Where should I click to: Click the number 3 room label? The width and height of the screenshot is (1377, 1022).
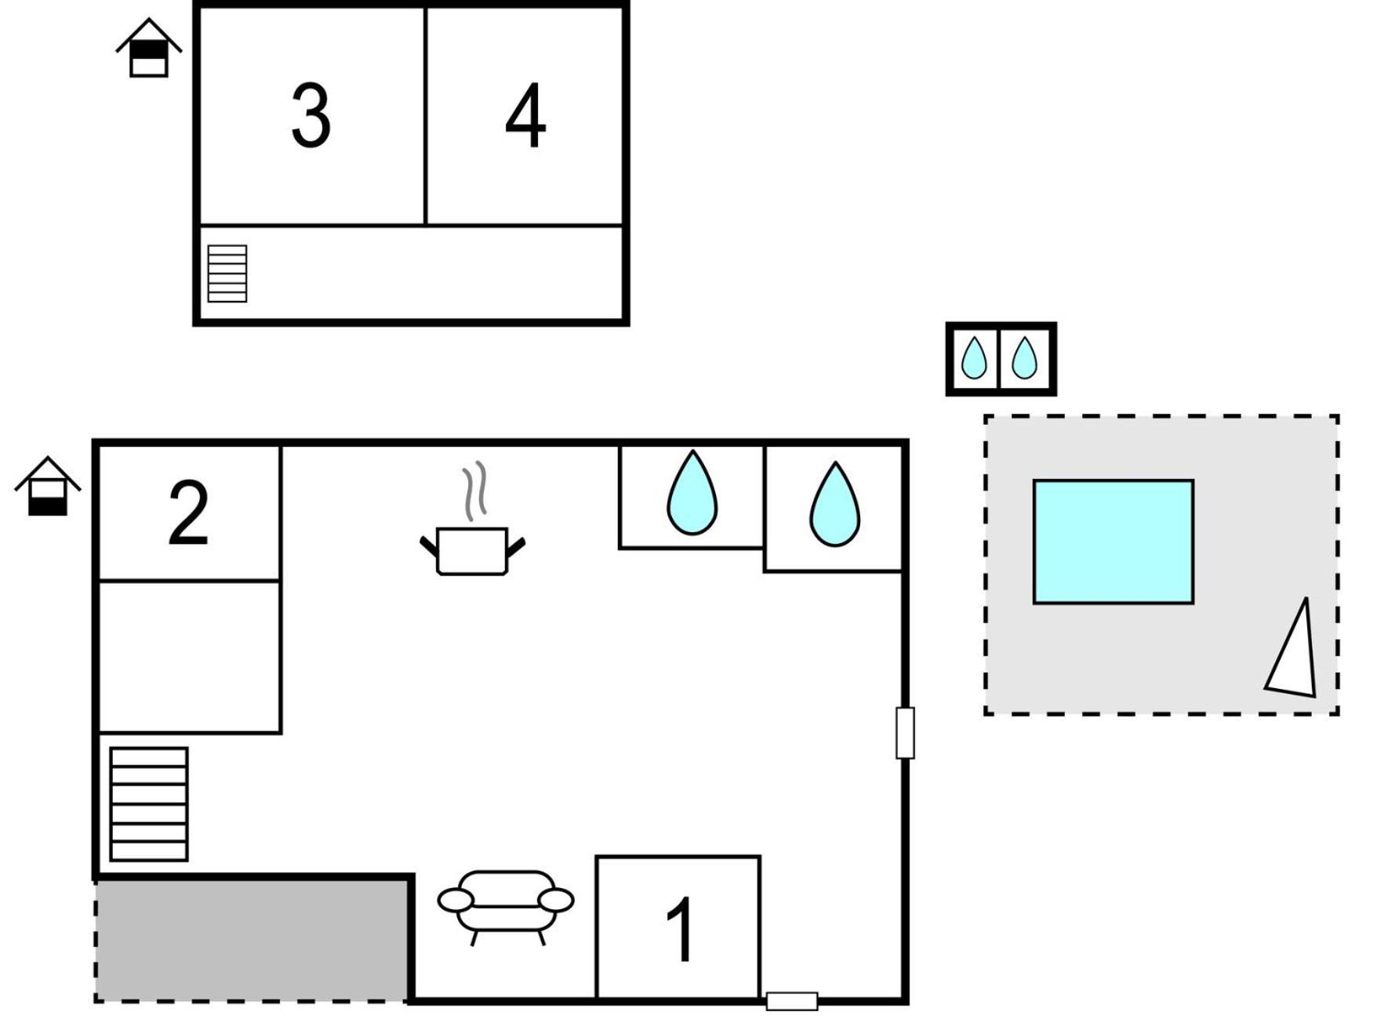click(311, 116)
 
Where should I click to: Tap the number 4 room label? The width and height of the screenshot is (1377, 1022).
click(525, 116)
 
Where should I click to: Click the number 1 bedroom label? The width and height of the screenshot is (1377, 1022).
click(680, 930)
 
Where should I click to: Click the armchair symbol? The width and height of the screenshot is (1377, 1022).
click(506, 906)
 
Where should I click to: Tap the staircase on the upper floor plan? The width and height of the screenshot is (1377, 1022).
click(227, 274)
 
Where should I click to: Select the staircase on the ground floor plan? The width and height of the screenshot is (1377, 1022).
click(149, 804)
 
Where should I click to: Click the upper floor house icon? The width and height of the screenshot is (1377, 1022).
click(149, 48)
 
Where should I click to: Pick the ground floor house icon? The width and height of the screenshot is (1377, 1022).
click(48, 486)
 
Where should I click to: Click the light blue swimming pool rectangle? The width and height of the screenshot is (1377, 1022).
click(1114, 542)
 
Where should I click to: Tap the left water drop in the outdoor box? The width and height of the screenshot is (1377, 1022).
click(974, 358)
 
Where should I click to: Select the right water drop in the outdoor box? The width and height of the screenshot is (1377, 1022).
click(1024, 358)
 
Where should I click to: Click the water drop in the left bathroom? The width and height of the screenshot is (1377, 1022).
click(692, 493)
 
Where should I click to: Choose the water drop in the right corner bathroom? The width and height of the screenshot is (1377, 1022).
click(835, 504)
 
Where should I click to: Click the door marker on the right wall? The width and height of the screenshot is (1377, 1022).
click(905, 733)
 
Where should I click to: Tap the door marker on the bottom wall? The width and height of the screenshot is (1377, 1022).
click(792, 1001)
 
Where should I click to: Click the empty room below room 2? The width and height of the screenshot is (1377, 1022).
click(189, 657)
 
